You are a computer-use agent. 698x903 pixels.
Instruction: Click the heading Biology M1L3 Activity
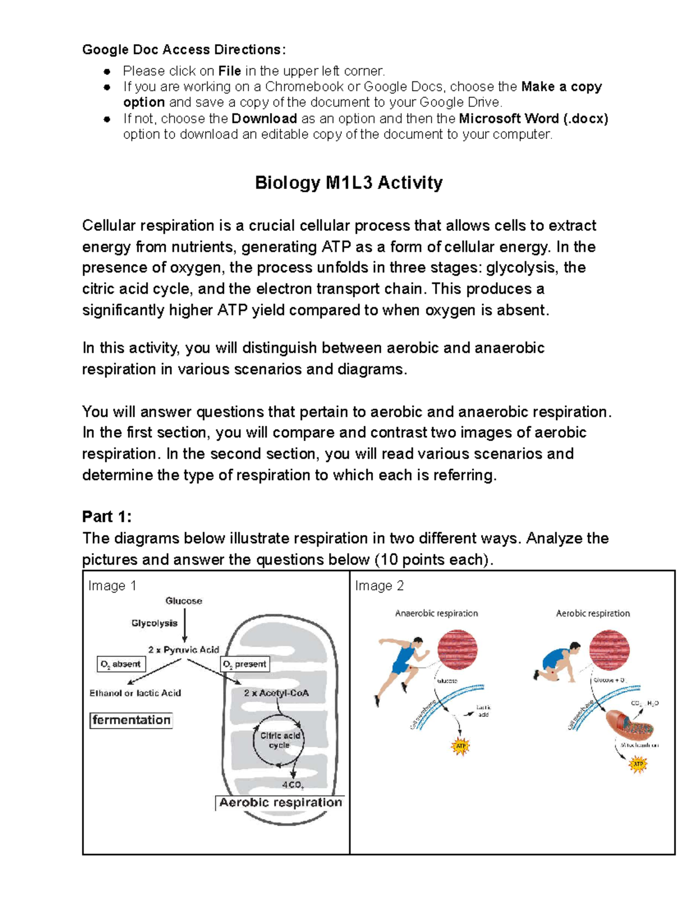(x=348, y=183)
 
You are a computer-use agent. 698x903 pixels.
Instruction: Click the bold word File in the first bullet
(x=229, y=71)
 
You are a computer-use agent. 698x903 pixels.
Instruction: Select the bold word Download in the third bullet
(x=264, y=119)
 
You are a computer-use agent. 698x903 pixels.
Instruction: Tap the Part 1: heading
(x=107, y=516)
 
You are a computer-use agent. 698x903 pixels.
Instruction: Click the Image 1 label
(x=112, y=586)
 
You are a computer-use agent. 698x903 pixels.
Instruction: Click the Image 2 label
(x=379, y=586)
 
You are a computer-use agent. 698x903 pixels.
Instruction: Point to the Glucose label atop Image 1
(x=184, y=601)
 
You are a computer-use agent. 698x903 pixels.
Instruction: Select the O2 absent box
(x=121, y=664)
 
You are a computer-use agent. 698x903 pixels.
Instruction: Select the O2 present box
(x=245, y=664)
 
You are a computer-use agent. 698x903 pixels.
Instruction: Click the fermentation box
(x=131, y=720)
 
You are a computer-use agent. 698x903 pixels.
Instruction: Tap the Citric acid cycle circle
(x=279, y=740)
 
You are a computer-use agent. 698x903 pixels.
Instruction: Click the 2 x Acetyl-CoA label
(x=276, y=693)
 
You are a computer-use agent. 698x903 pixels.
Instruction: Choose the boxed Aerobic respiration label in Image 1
(x=280, y=802)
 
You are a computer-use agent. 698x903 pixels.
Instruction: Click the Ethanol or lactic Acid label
(x=135, y=693)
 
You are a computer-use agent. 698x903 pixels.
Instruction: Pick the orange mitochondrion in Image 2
(x=629, y=723)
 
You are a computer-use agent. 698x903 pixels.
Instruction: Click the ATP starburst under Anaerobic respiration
(x=461, y=746)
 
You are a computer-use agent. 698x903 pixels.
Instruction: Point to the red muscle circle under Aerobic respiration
(x=609, y=650)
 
